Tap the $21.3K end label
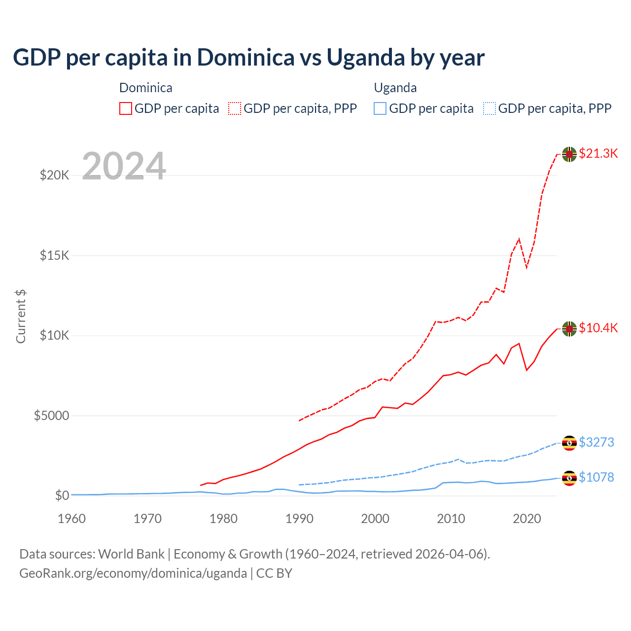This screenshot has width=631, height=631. pos(598,153)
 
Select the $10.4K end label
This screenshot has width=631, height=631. pos(598,328)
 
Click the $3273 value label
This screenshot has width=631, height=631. pos(596,442)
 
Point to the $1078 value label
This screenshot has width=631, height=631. pos(596,477)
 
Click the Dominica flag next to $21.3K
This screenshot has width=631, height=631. pos(569,154)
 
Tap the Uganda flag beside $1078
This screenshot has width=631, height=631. pos(569,478)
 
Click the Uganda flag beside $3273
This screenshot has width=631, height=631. pos(569,443)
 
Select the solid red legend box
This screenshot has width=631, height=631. pos(126,108)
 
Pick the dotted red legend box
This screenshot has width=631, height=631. pos(235,108)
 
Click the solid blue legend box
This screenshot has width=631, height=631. pos(380,108)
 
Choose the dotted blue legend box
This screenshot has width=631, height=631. pos(490,108)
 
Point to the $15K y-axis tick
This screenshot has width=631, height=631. pos(55,255)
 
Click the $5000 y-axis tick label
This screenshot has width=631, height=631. pos(51,416)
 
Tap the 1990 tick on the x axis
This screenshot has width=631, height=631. pos(299,519)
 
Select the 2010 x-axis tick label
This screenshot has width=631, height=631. pos(451,519)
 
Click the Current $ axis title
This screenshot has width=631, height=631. pos(21,316)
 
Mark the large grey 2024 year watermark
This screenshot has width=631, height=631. pos(124,166)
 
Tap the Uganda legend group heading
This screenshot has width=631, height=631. pos(395,88)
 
